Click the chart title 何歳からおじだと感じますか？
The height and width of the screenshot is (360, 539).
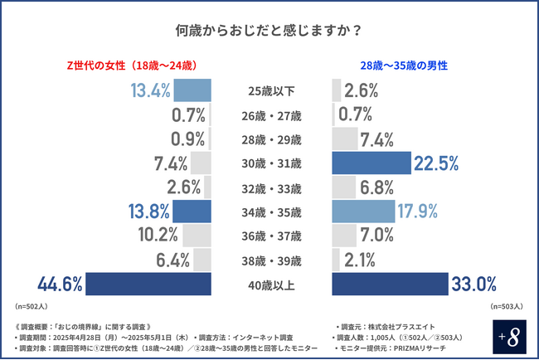click(x=269, y=31)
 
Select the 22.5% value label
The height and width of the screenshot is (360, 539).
click(x=436, y=163)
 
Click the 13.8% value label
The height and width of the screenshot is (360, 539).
click(x=148, y=212)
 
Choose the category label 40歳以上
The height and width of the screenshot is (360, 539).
click(x=271, y=285)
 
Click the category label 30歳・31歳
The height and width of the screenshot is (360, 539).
click(x=271, y=163)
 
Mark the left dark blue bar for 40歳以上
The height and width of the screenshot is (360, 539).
click(x=148, y=285)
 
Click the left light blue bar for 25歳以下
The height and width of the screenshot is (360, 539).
click(x=192, y=90)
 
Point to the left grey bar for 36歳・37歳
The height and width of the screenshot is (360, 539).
click(x=197, y=236)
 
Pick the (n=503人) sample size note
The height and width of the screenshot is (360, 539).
click(x=507, y=307)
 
